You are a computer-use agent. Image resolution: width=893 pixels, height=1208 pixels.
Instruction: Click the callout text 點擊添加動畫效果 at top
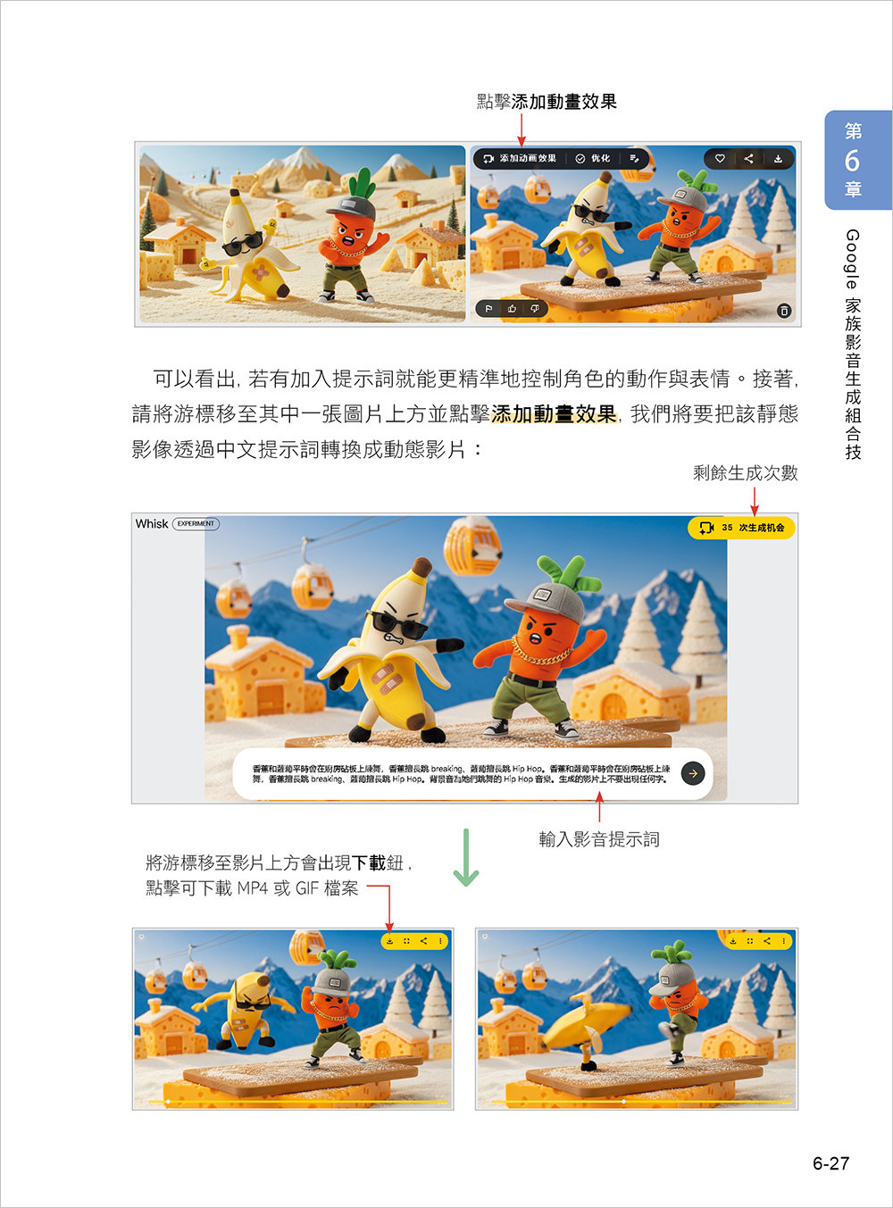[x=547, y=102]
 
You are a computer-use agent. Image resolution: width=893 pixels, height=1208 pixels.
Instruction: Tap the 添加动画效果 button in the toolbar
[x=520, y=158]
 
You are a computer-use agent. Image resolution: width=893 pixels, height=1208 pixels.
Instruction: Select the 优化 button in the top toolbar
[x=593, y=158]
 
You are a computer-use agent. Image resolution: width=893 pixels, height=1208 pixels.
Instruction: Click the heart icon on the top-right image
[x=720, y=158]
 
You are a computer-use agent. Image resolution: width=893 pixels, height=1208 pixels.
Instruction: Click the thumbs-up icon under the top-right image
[x=512, y=309]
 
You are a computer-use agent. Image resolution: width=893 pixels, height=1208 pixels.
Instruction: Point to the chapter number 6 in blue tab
[x=852, y=161]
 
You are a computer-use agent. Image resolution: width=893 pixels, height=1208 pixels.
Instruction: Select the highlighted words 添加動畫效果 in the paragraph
[x=554, y=414]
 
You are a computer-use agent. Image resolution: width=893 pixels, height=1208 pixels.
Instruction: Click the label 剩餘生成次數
[x=745, y=473]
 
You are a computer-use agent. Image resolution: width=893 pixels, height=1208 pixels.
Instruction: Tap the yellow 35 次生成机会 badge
[x=740, y=528]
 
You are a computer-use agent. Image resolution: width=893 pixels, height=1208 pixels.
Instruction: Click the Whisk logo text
[x=151, y=524]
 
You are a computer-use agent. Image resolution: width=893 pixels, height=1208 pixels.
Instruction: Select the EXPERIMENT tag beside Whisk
[x=196, y=524]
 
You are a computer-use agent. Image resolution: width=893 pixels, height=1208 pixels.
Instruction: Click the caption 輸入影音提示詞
[x=598, y=839]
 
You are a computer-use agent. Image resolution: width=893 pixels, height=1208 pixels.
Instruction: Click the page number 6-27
[x=830, y=1163]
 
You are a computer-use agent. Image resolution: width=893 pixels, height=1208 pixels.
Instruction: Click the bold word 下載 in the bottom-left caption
[x=369, y=862]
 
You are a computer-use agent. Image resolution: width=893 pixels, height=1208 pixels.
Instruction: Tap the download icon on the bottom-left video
[x=390, y=941]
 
